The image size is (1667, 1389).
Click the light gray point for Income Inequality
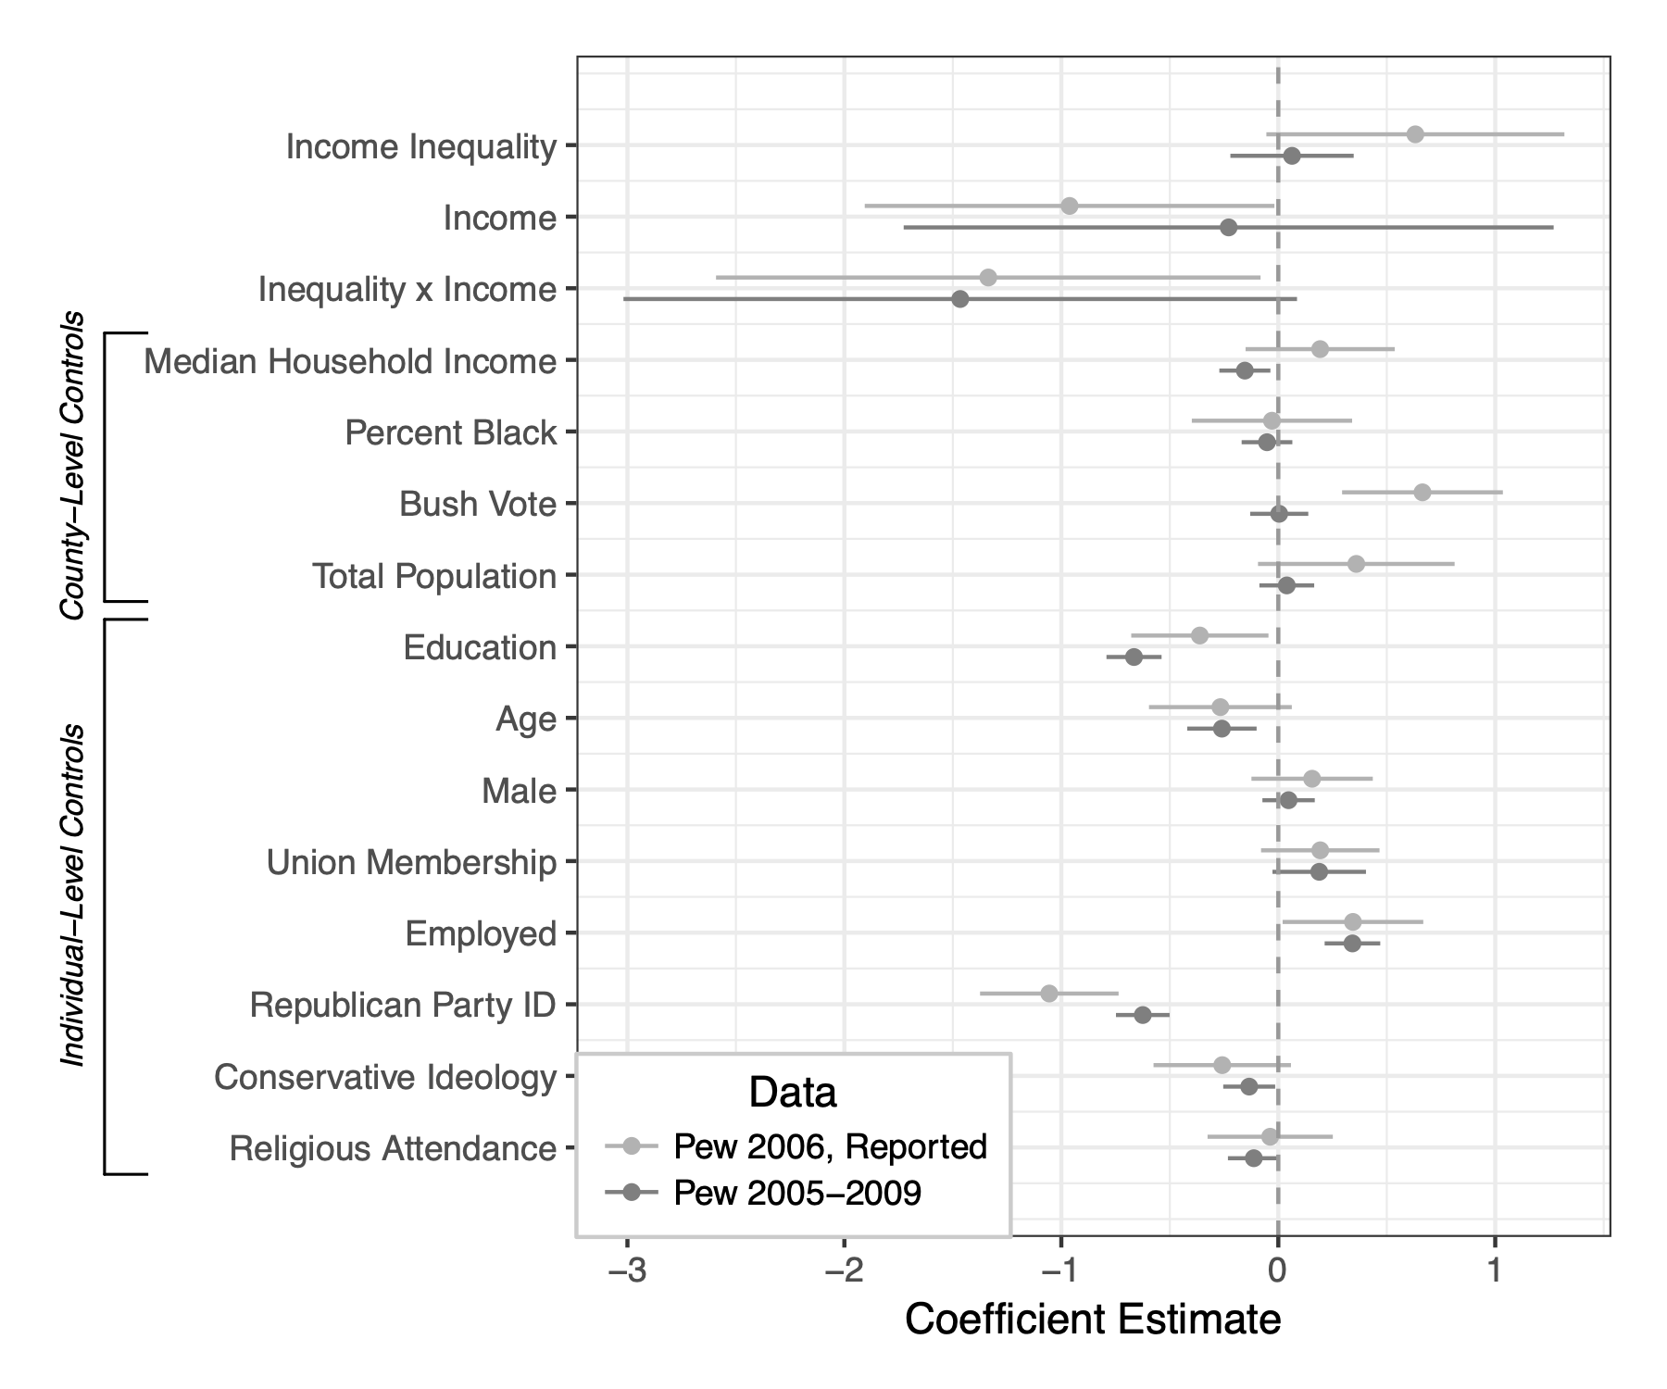[x=1414, y=134]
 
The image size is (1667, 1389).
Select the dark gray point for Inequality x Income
[x=959, y=299]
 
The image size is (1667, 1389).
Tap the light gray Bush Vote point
[x=1422, y=492]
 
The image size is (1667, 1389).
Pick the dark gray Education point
[x=1134, y=657]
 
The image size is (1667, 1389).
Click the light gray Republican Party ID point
[x=1048, y=994]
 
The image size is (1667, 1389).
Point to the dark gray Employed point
[x=1352, y=944]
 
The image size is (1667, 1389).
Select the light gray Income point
[x=1069, y=206]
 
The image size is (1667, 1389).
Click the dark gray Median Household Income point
[x=1244, y=370]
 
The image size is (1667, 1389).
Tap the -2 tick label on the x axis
[x=844, y=1271]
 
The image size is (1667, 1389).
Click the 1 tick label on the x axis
[x=1495, y=1271]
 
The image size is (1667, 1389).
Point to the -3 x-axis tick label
[x=627, y=1271]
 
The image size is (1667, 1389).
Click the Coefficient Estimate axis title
[x=1093, y=1320]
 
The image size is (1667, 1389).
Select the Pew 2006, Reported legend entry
[x=830, y=1146]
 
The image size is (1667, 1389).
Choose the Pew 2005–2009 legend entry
[x=797, y=1193]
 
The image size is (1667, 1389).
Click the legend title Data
[x=793, y=1093]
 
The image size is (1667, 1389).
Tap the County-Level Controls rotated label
[x=72, y=466]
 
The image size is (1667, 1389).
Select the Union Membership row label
[x=411, y=862]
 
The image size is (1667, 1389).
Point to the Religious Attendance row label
[x=393, y=1148]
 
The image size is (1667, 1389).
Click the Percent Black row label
[x=451, y=432]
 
